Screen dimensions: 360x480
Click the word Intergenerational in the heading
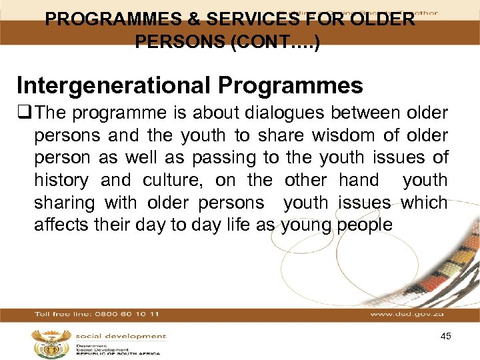(x=113, y=85)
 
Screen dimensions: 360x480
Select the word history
(x=62, y=180)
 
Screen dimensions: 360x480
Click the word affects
(x=61, y=224)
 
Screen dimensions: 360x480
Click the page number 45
(x=445, y=337)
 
